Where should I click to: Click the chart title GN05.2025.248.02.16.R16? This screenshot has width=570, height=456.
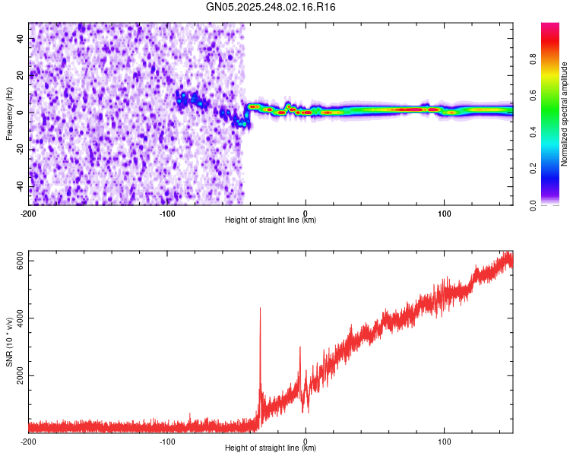click(x=271, y=7)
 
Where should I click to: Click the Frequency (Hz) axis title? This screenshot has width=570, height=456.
click(x=9, y=114)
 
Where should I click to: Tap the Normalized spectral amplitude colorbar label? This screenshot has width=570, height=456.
click(x=565, y=114)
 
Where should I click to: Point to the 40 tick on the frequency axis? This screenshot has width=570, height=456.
click(x=21, y=38)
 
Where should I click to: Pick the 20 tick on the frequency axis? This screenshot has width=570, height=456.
click(x=21, y=75)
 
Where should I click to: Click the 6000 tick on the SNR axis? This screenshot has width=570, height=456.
click(x=17, y=261)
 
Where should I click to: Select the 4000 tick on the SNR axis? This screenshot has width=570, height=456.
click(x=17, y=318)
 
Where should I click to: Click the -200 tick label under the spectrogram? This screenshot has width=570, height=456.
click(x=29, y=213)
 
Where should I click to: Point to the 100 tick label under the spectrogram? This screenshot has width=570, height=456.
click(x=444, y=213)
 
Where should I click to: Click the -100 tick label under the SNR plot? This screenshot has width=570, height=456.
click(x=167, y=441)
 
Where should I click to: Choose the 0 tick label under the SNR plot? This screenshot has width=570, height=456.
click(x=306, y=441)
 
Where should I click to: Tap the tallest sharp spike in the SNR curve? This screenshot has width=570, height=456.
click(x=260, y=309)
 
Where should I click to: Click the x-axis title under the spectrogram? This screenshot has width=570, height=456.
click(x=271, y=220)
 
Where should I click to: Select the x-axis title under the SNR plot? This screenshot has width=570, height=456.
click(x=271, y=448)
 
